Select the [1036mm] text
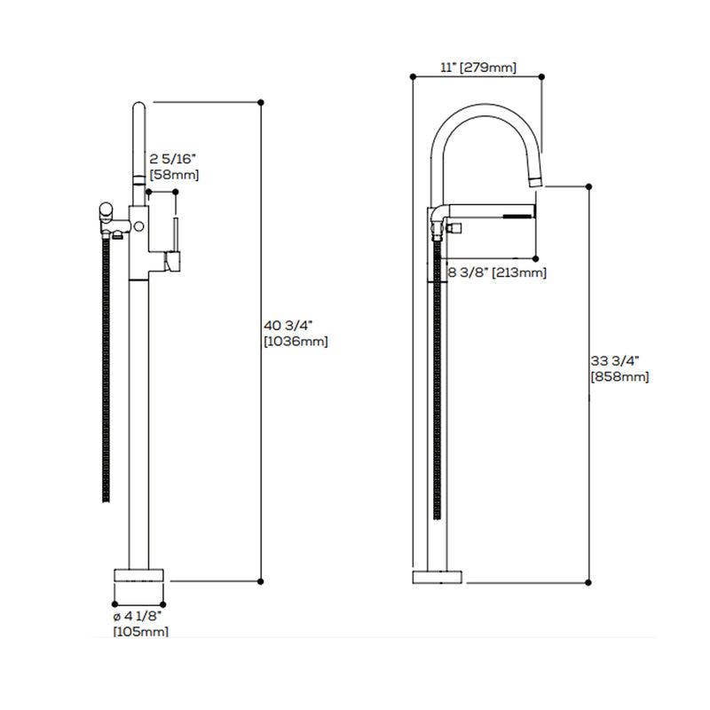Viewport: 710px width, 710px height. (296, 341)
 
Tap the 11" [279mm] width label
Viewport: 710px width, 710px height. (477, 67)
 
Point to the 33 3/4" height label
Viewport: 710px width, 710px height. (613, 361)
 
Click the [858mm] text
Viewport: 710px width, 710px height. (619, 376)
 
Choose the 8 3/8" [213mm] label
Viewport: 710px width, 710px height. (496, 272)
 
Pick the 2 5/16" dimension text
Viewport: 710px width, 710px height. (173, 160)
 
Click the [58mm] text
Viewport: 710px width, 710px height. (174, 175)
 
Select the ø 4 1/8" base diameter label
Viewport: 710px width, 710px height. (137, 616)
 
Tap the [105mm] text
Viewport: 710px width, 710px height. (140, 631)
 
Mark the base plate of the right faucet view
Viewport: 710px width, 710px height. (438, 577)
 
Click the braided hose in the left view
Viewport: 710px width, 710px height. (106, 373)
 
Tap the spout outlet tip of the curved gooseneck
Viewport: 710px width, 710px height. (536, 181)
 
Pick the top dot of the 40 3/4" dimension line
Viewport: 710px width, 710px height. (261, 102)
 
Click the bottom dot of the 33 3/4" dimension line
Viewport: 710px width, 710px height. (589, 582)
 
